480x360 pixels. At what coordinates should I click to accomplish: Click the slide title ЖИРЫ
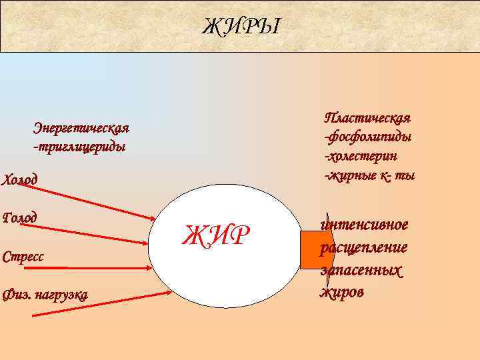(x=242, y=27)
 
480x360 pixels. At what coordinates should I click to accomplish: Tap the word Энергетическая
(x=81, y=127)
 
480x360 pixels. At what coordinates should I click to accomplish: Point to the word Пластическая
(x=367, y=118)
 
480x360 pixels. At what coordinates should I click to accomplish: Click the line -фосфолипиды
(x=367, y=137)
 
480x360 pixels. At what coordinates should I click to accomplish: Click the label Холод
(x=21, y=179)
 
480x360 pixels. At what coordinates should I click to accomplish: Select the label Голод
(x=20, y=217)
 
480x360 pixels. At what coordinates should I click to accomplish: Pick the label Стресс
(x=24, y=256)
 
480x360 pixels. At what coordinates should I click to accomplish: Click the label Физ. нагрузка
(x=45, y=295)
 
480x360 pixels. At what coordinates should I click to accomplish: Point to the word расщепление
(x=363, y=248)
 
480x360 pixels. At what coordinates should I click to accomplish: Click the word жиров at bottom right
(x=342, y=292)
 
